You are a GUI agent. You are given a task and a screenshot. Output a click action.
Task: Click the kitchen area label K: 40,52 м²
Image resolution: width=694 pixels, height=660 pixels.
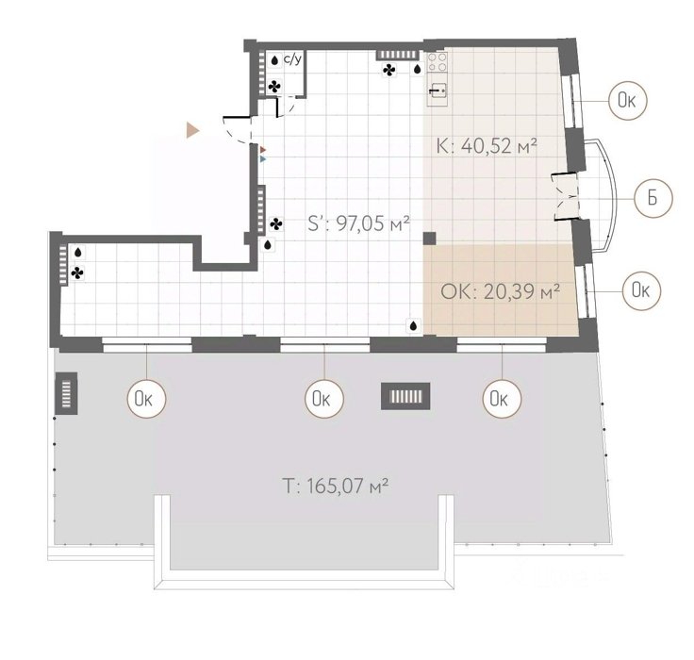pos(487,145)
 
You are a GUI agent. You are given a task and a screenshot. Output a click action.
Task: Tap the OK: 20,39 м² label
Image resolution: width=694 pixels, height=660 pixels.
pos(500,291)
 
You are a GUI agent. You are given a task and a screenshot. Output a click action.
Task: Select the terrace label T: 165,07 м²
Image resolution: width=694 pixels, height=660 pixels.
pos(336,486)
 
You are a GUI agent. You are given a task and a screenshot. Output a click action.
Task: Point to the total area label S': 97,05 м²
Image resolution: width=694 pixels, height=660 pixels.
pos(358,223)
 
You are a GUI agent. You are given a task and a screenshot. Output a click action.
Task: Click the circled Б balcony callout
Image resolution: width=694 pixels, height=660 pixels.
pos(653,198)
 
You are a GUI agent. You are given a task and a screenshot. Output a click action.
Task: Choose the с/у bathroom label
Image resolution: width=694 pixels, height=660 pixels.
pos(292,58)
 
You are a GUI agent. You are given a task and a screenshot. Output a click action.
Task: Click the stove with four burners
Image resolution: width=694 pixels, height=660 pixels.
pos(438,61)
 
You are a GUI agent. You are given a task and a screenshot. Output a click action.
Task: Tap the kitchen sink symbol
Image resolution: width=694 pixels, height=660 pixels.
pos(438,91)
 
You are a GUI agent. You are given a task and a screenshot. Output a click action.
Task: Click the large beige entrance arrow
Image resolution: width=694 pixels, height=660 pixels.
pos(192,130)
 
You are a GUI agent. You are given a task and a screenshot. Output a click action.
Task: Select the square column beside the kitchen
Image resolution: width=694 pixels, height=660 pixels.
pos(429,239)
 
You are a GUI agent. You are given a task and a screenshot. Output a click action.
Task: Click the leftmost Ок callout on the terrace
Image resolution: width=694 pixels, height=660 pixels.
pos(146,399)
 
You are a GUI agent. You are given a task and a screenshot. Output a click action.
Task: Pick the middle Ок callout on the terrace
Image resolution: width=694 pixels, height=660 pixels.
pos(324,399)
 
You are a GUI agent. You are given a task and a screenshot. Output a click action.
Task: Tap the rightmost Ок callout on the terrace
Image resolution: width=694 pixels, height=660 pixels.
pos(502,399)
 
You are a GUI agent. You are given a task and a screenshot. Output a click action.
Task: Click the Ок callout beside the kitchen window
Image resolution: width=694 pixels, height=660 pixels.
pos(628,101)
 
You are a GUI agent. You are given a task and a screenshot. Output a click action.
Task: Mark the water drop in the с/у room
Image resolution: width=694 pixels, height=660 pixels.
pos(274,60)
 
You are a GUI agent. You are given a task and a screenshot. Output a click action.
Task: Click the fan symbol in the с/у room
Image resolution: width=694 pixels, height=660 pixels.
pos(274,87)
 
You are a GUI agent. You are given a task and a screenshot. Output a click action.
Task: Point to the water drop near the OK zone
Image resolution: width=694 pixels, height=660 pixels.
pos(413,326)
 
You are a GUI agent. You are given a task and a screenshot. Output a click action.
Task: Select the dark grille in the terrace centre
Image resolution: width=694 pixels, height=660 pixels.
pos(405,396)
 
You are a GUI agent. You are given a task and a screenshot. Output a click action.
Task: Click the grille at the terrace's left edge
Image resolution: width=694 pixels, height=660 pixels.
pos(66,393)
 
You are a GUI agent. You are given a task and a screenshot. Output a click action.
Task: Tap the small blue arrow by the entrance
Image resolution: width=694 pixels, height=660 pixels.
pos(263,158)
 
